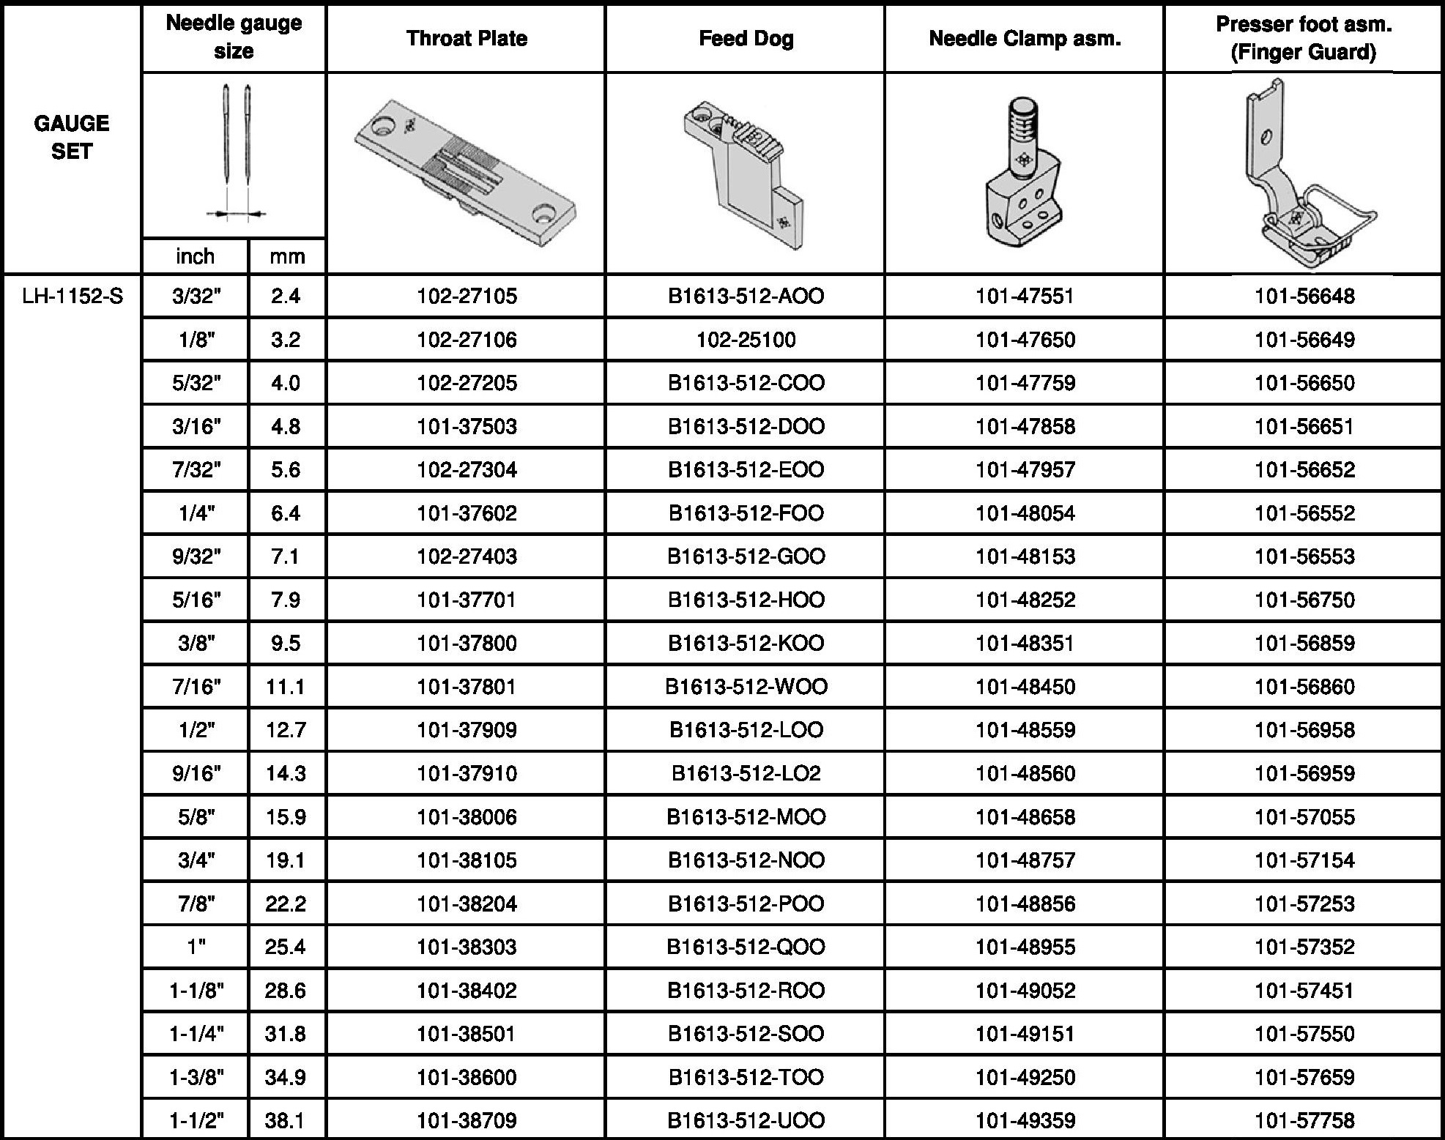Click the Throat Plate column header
click(x=467, y=38)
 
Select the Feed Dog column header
click(x=746, y=38)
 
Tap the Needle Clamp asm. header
click(x=1025, y=38)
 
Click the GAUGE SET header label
click(x=72, y=137)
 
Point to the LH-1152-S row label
click(x=73, y=297)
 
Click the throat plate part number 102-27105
click(x=467, y=297)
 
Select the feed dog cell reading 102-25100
click(x=746, y=340)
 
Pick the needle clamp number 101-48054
click(x=1025, y=513)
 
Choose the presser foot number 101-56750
click(x=1304, y=600)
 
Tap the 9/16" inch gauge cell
click(x=196, y=774)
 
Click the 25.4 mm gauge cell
click(x=286, y=947)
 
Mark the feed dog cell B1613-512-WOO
click(x=746, y=687)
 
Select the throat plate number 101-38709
click(x=467, y=1120)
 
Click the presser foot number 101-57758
click(x=1304, y=1120)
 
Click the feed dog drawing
click(x=743, y=172)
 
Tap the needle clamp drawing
click(x=1023, y=176)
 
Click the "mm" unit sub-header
click(x=287, y=256)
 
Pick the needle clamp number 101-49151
click(x=1025, y=1034)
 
